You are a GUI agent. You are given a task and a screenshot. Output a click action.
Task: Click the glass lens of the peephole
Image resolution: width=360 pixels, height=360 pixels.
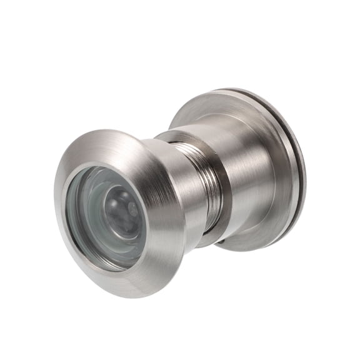94,216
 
